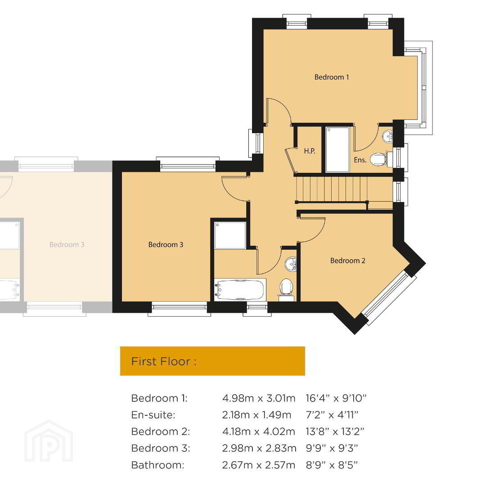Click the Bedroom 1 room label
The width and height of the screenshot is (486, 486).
(x=332, y=77)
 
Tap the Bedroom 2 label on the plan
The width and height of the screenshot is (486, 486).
(x=348, y=261)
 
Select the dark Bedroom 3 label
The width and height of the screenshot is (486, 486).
(x=166, y=244)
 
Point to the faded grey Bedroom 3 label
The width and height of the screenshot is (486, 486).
(x=67, y=244)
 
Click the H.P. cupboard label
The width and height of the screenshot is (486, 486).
(x=309, y=151)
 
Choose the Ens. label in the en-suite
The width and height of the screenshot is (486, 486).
(x=360, y=160)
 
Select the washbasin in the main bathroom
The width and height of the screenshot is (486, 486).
(x=291, y=264)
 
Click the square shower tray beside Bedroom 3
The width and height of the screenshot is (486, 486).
(x=230, y=235)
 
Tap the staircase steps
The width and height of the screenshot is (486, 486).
(x=332, y=189)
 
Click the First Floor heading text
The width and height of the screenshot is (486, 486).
(x=164, y=361)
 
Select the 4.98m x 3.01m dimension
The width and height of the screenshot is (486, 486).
(x=259, y=398)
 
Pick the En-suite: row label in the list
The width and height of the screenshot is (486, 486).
(x=153, y=415)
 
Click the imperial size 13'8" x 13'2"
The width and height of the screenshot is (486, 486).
(x=335, y=431)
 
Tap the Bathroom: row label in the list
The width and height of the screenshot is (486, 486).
(x=158, y=465)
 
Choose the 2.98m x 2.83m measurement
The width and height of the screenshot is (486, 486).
(x=260, y=448)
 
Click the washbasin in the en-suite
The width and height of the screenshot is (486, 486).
(x=387, y=136)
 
